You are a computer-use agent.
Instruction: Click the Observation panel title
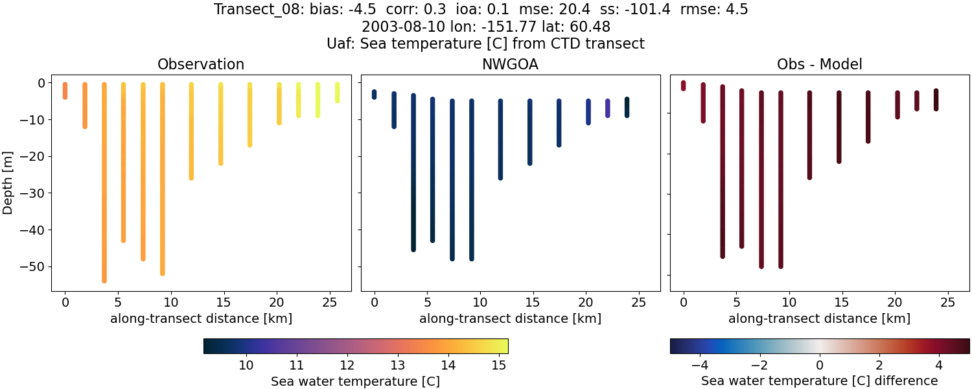coord(201,64)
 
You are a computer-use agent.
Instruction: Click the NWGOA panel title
coord(510,64)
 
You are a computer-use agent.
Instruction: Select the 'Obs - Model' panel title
coord(819,64)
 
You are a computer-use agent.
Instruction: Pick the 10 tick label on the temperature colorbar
coord(246,366)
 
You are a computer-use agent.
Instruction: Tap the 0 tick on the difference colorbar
coord(820,366)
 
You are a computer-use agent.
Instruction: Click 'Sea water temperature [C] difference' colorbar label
coord(819,381)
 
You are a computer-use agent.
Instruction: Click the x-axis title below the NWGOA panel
coord(510,318)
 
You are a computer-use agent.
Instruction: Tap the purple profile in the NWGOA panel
coord(607,108)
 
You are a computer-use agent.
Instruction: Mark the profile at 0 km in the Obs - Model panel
coord(683,86)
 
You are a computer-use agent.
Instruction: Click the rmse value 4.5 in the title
coord(737,10)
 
